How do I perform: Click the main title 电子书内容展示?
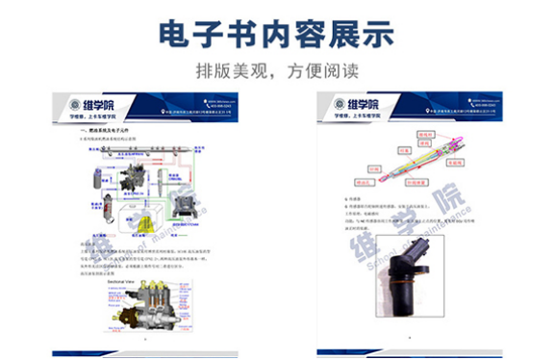pos(276,33)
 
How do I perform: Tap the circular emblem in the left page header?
pos(75,106)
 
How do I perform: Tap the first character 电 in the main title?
pos(176,33)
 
